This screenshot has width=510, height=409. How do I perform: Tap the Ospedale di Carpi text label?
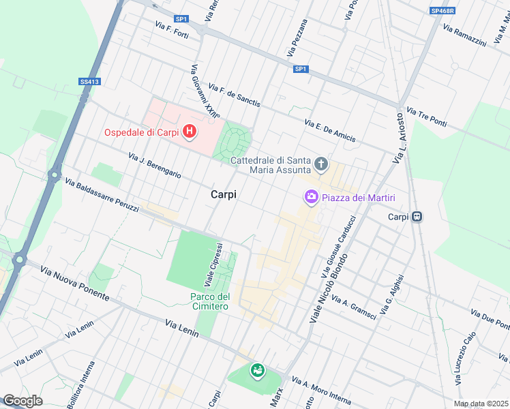pyautogui.click(x=142, y=132)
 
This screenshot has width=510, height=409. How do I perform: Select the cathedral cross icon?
pyautogui.click(x=321, y=164)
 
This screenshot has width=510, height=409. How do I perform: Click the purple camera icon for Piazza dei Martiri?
pyautogui.click(x=311, y=197)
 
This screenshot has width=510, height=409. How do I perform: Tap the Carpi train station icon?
pyautogui.click(x=417, y=217)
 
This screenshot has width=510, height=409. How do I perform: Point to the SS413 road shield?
pyautogui.click(x=89, y=82)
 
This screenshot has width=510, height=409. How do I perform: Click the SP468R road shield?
pyautogui.click(x=442, y=11)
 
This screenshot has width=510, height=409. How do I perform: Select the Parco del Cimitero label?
pyautogui.click(x=209, y=301)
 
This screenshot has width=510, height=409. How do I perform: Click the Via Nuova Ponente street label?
pyautogui.click(x=74, y=284)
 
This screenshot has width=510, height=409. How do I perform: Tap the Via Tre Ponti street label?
pyautogui.click(x=426, y=117)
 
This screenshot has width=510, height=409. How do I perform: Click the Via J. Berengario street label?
pyautogui.click(x=155, y=166)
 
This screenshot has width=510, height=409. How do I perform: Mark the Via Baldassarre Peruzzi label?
pyautogui.click(x=102, y=196)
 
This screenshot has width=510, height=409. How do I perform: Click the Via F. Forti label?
pyautogui.click(x=171, y=30)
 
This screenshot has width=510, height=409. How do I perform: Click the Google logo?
pyautogui.click(x=22, y=401)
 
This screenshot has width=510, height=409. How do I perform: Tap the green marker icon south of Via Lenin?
pyautogui.click(x=257, y=371)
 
